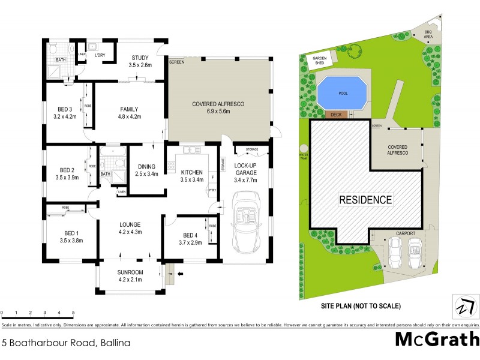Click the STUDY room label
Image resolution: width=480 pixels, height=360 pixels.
pyautogui.click(x=140, y=58)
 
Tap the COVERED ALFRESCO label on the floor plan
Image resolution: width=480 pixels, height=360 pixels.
pyautogui.click(x=218, y=104)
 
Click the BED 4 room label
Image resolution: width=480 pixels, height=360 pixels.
pyautogui.click(x=190, y=235)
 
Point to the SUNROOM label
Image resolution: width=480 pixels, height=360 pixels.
pyautogui.click(x=130, y=272)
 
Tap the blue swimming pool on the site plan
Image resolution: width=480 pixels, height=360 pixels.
pyautogui.click(x=340, y=92)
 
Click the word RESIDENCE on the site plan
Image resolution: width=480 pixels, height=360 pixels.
pyautogui.click(x=365, y=200)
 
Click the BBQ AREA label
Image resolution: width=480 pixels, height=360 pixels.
pyautogui.click(x=428, y=34)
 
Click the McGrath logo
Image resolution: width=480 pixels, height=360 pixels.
pyautogui.click(x=436, y=340)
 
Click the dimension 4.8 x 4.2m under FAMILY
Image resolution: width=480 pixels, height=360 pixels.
pyautogui.click(x=129, y=116)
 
